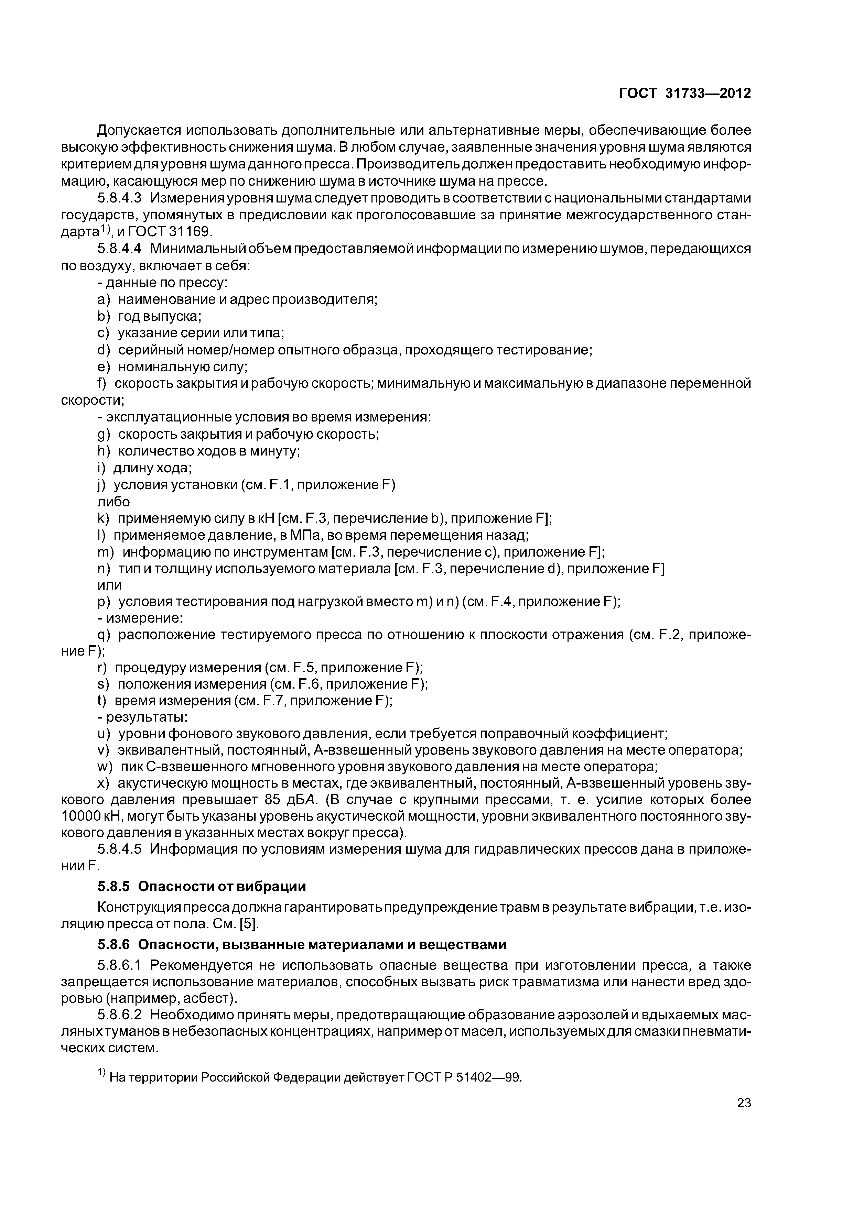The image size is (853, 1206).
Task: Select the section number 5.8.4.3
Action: point(120,198)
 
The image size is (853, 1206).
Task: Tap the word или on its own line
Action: point(109,585)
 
